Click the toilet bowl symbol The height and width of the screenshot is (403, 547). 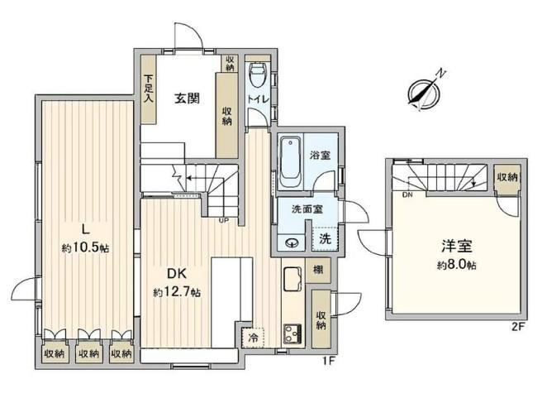[x=259, y=74]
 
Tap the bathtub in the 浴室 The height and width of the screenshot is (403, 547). [x=291, y=162]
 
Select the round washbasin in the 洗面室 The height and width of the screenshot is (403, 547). [x=291, y=243]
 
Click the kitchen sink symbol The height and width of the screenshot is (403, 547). [x=293, y=279]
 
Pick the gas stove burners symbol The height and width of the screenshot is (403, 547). [x=293, y=334]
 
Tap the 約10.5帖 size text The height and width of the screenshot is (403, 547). [x=85, y=248]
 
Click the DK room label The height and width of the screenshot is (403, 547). [x=177, y=274]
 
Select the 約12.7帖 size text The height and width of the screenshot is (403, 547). [x=177, y=292]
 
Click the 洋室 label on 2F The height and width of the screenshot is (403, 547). [x=457, y=246]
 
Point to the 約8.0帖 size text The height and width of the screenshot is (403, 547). [x=457, y=266]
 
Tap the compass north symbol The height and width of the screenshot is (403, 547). [x=426, y=91]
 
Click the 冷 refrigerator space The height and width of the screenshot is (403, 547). [x=254, y=338]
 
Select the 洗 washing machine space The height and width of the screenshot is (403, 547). [x=325, y=238]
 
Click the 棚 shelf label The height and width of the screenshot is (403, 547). [x=318, y=270]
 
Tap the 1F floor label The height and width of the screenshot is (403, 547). [x=328, y=360]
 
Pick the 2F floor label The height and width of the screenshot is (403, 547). [x=518, y=327]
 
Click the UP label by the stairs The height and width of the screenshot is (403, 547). [x=224, y=221]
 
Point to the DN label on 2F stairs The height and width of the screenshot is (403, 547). [x=407, y=195]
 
